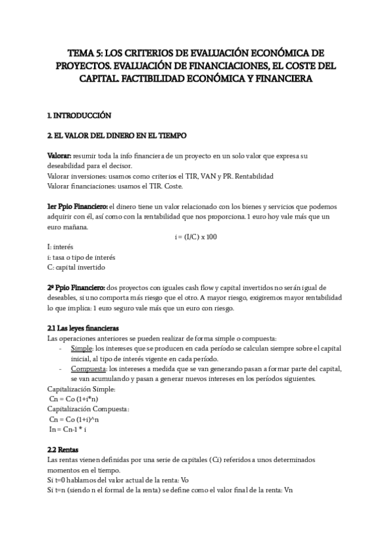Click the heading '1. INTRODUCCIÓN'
click(x=79, y=115)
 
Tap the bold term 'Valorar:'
click(x=60, y=156)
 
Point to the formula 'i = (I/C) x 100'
click(x=195, y=236)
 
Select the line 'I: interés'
click(x=59, y=247)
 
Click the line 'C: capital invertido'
click(x=76, y=267)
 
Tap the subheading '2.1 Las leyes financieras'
click(x=84, y=327)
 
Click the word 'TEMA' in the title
click(x=83, y=52)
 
